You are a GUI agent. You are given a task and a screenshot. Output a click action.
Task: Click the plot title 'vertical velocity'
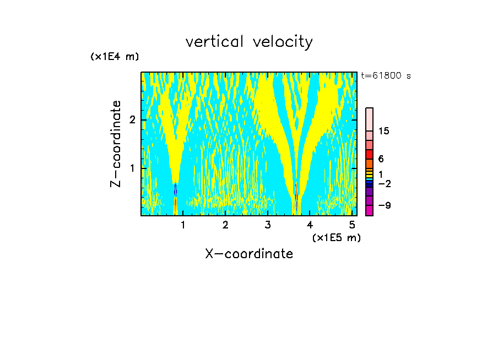(249, 42)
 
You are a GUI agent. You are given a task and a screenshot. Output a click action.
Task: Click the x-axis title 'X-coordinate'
(249, 254)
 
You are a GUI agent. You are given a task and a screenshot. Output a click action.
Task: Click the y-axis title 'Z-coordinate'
(116, 144)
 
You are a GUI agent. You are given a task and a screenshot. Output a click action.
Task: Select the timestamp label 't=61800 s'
(386, 76)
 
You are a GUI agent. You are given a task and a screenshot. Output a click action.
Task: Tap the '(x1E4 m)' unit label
(115, 57)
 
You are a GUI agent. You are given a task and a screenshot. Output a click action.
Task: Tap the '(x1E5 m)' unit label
(336, 237)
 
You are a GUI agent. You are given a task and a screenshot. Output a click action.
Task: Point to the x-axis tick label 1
(183, 225)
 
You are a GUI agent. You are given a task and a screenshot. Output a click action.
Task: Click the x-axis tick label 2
(225, 225)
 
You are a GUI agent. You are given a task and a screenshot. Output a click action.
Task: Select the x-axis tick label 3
(268, 225)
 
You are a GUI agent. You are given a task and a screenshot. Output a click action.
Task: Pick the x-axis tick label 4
(310, 225)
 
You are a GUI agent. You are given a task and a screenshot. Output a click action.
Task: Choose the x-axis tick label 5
(352, 225)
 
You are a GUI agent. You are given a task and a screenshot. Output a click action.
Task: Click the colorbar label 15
(384, 131)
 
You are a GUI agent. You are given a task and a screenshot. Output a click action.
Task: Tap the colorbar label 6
(381, 159)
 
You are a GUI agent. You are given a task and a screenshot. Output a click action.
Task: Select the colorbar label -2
(384, 184)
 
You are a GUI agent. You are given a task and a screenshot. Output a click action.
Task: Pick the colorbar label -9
(384, 205)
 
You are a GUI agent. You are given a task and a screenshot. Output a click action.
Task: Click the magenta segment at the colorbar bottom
(369, 210)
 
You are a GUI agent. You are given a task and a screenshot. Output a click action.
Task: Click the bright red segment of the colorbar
(369, 154)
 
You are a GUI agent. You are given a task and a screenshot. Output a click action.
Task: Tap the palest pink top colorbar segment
(369, 119)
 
